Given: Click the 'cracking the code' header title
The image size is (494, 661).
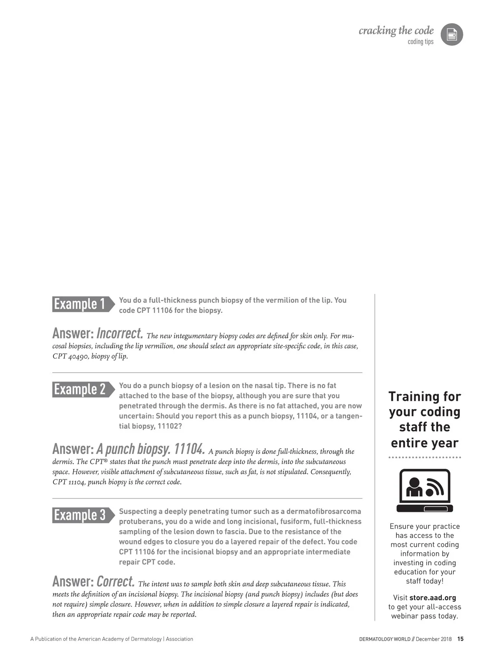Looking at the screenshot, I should click(396, 30).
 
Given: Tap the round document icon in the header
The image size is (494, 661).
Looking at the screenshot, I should click(452, 35).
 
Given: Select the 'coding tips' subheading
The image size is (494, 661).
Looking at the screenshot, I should click(420, 42).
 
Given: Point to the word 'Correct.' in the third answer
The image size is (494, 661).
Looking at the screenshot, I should click(116, 581).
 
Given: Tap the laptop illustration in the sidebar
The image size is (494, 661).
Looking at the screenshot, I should click(424, 491).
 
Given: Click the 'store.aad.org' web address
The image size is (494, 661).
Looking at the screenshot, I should click(433, 598).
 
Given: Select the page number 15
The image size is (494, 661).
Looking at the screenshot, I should click(460, 639).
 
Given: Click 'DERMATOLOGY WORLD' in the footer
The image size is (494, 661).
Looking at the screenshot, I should click(384, 639).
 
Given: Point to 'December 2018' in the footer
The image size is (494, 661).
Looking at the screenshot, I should click(433, 639).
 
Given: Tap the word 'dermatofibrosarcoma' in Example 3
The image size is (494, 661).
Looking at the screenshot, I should click(324, 512).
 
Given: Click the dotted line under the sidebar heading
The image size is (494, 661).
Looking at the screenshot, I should click(424, 457).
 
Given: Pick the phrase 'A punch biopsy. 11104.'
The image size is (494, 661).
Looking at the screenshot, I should click(150, 449).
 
